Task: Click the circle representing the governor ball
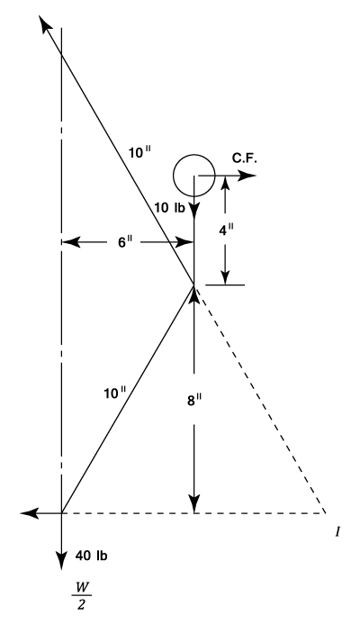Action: point(174,175)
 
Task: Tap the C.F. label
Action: point(245,158)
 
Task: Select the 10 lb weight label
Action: point(170,208)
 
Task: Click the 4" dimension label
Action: point(226,230)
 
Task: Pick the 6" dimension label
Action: point(124,242)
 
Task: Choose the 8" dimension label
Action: point(194,400)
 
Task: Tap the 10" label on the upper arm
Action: point(140,153)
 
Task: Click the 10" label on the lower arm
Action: point(114,393)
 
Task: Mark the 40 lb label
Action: point(91,556)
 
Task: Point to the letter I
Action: point(337,532)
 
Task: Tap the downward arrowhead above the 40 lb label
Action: point(61,561)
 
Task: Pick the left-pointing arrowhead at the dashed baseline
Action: point(30,513)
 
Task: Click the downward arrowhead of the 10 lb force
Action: point(194,212)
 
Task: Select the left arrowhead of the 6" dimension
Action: point(71,242)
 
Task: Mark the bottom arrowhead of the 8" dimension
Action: point(194,504)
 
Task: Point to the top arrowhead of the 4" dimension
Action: point(225,185)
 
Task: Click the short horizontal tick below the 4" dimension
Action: point(225,285)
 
